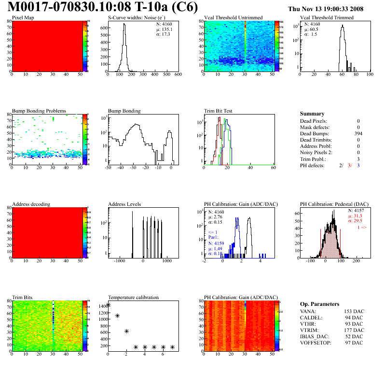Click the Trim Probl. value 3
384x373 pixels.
coord(358,158)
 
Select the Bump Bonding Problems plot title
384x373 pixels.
coord(39,111)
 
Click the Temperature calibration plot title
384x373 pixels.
coord(133,297)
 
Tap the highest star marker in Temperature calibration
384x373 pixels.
coord(108,304)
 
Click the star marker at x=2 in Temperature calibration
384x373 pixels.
coord(126,331)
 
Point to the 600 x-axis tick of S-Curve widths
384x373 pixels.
coord(178,74)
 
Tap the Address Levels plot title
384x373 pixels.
coord(124,204)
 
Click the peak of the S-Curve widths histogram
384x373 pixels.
coord(124,24)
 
